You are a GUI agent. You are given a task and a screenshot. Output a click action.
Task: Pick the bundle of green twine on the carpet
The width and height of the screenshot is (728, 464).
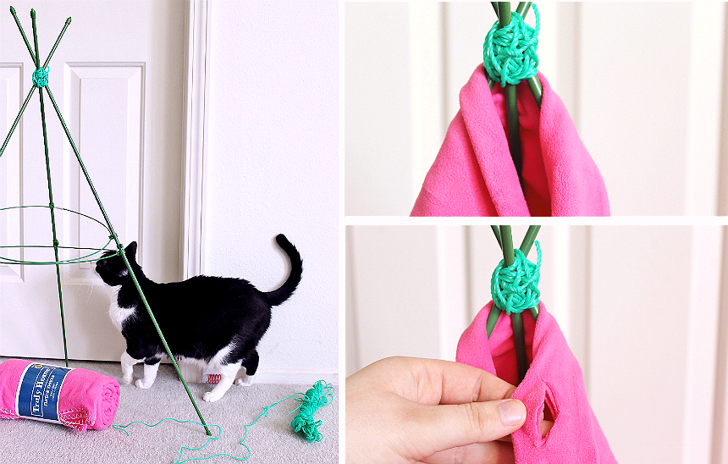pos(311,410)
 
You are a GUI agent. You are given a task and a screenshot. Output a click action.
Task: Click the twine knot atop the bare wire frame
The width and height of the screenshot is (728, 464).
pos(40,77)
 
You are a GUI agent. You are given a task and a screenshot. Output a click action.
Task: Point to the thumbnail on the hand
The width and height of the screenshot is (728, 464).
pos(510,412)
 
